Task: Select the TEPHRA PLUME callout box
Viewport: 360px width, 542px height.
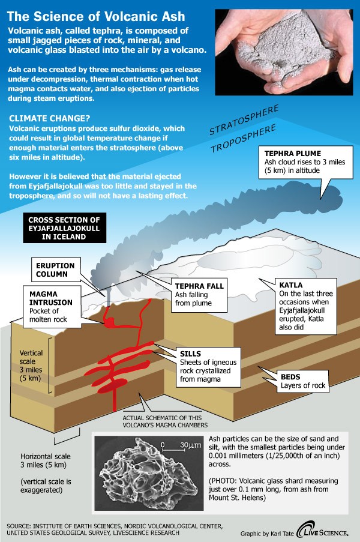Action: point(298,163)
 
